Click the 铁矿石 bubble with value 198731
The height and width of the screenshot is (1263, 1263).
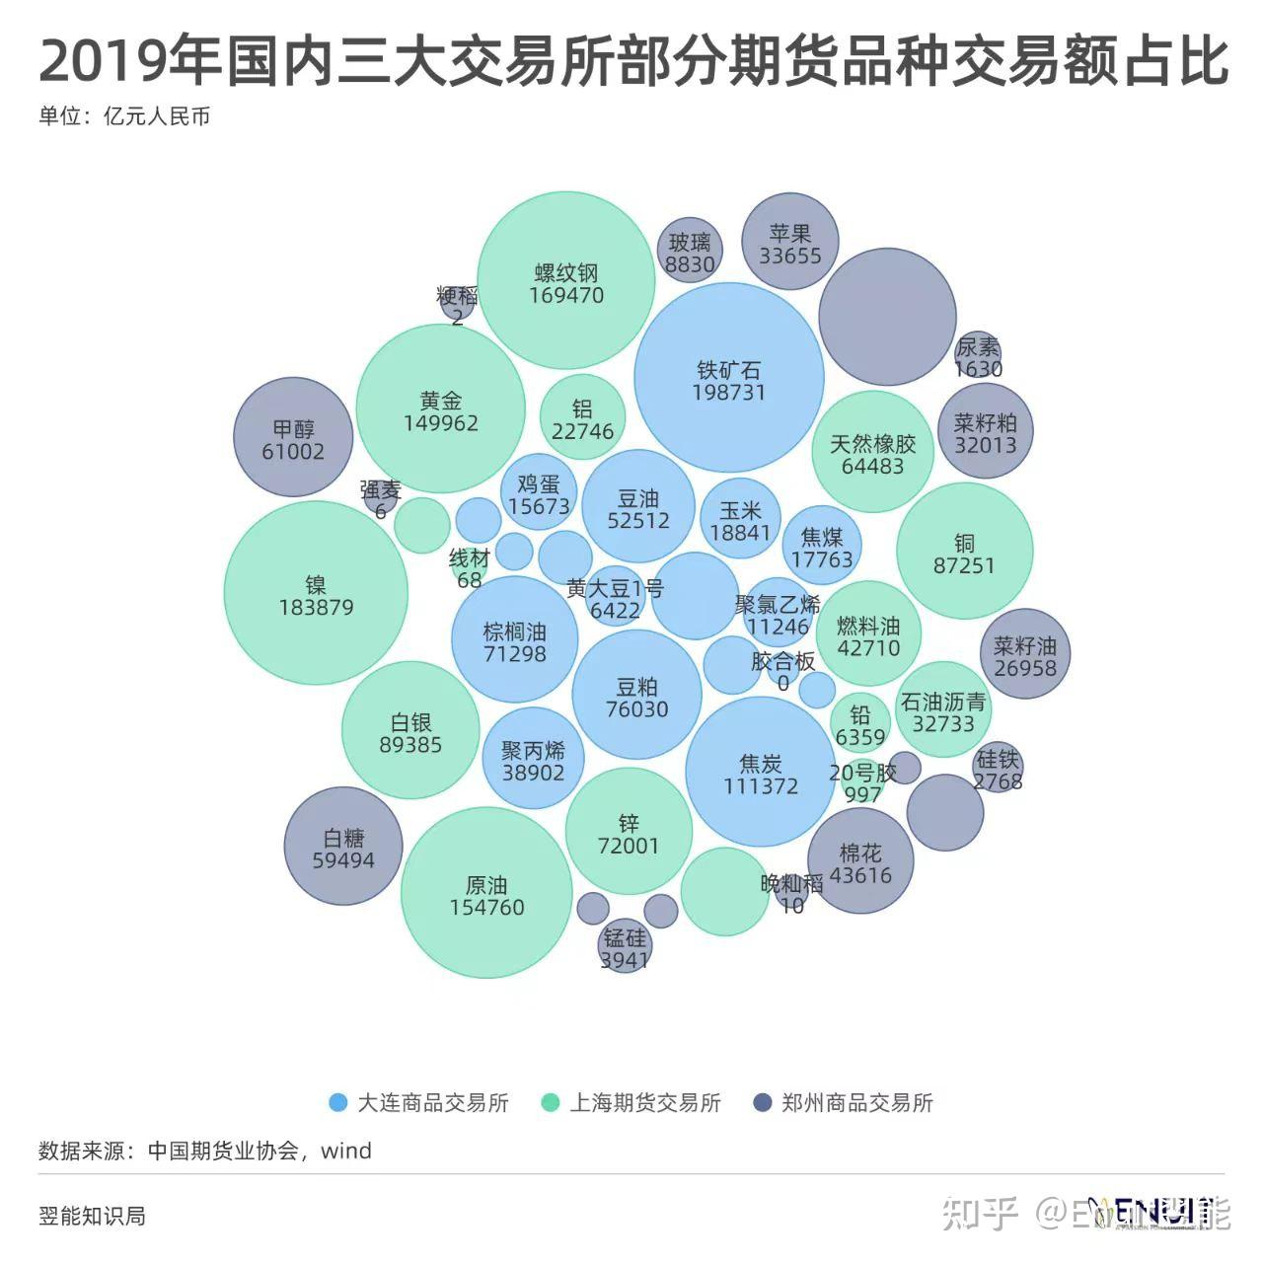coord(729,380)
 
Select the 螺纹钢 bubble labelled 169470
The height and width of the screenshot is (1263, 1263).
coord(566,282)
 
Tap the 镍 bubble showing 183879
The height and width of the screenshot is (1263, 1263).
coord(316,594)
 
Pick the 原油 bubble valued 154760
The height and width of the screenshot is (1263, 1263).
coord(486,894)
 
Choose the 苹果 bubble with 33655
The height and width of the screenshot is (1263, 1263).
coord(789,243)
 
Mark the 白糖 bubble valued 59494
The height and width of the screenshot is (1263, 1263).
coord(343,847)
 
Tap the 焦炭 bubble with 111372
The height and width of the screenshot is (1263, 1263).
coord(760,773)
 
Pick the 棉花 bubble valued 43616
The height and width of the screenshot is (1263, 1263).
coord(860,861)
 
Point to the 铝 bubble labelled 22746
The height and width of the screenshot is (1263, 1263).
coord(582,418)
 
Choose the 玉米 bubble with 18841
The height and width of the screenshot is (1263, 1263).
coord(740,519)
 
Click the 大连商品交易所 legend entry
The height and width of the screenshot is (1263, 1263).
coord(419,1103)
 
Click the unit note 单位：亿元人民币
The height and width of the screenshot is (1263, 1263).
coord(124,116)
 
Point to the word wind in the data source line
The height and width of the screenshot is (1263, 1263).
coord(346,1151)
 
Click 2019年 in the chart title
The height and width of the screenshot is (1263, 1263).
coord(128,61)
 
